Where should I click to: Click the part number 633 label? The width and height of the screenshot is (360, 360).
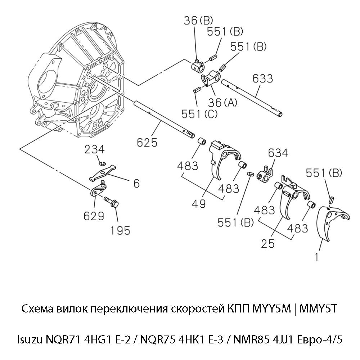(262, 78)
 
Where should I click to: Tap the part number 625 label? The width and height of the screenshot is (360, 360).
(147, 143)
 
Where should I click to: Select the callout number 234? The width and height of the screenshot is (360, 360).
(95, 149)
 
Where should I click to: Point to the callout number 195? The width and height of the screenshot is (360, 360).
(120, 230)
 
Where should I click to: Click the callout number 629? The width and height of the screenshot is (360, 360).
(94, 216)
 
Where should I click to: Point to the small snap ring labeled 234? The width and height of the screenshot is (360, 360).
(103, 165)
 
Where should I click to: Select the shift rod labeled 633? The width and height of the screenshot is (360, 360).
(252, 97)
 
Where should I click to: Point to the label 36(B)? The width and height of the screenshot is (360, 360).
(194, 21)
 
